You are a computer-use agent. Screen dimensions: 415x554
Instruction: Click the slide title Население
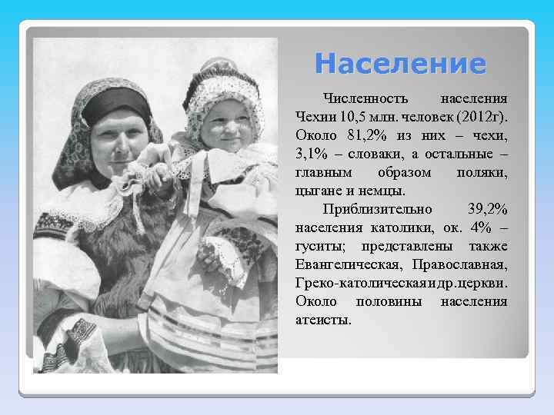tap(400, 62)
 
